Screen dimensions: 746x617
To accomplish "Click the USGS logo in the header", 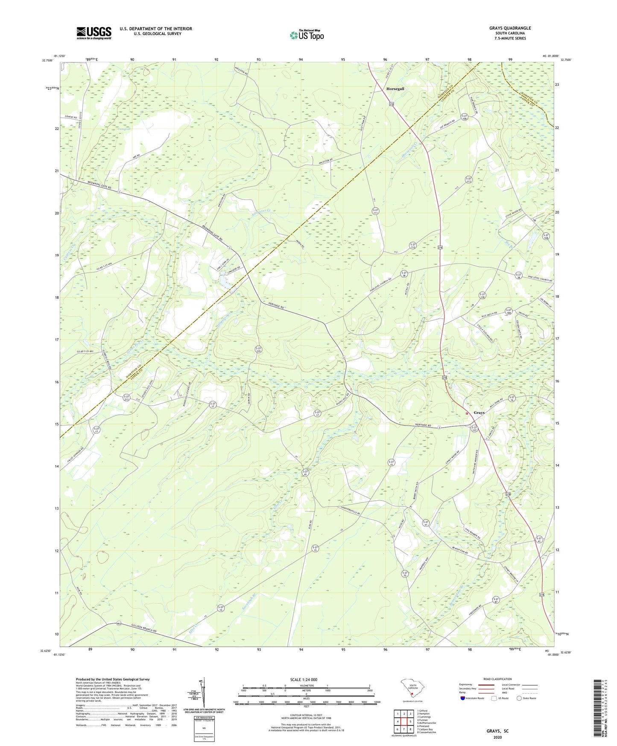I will click(94, 33).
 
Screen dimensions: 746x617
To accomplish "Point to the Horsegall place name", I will click(395, 88).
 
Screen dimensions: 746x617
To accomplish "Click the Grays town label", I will click(479, 413).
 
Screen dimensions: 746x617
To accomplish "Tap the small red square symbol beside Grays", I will click(467, 413).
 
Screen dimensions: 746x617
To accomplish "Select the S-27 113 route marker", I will click(468, 180).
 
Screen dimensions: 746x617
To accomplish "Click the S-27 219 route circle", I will click(258, 350).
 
